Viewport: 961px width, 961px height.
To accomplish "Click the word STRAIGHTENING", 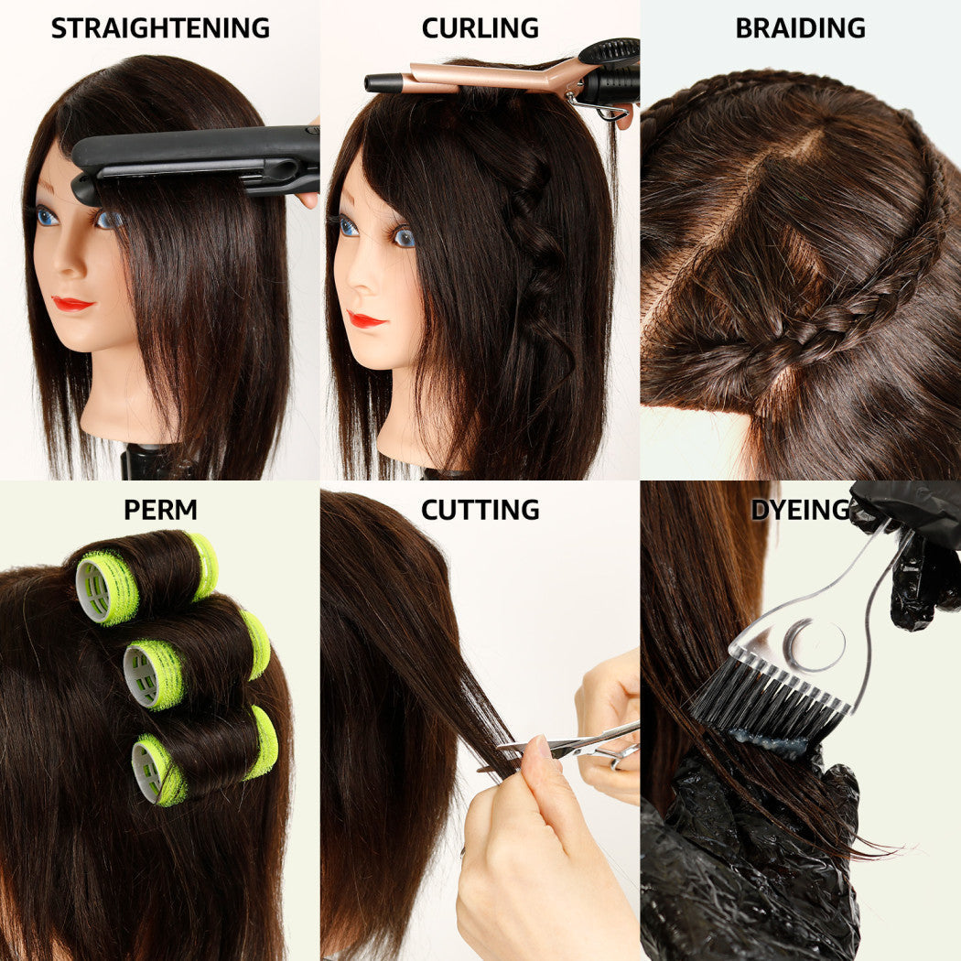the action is (x=160, y=28).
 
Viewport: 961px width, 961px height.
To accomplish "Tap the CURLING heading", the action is (x=480, y=28).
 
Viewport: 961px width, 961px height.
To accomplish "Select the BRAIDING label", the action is (x=801, y=28).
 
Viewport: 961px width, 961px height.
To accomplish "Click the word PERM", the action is (x=160, y=510).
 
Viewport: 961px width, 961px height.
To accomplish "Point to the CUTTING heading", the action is (x=480, y=510).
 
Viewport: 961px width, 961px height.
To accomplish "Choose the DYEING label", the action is (x=801, y=510).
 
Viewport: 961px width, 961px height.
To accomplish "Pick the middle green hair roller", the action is (x=196, y=659).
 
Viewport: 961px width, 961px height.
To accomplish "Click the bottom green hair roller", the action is (x=204, y=755).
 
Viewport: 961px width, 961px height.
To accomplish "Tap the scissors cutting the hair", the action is (x=570, y=745).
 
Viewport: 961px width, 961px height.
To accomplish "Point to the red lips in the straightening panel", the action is (x=72, y=303).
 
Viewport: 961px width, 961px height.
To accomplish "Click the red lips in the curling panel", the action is (x=366, y=319).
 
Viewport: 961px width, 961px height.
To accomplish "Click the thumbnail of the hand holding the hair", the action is (x=539, y=749).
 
